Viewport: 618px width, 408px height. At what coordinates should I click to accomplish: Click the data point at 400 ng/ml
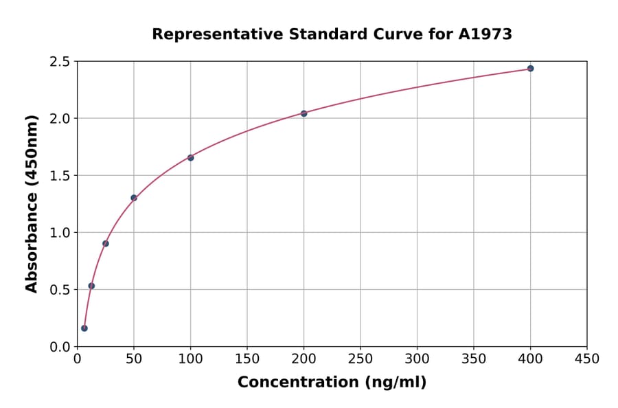(530, 69)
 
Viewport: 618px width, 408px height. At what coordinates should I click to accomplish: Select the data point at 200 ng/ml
(304, 113)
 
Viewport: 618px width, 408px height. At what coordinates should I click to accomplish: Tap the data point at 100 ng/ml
(190, 158)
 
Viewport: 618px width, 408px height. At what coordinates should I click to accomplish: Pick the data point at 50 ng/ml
(134, 198)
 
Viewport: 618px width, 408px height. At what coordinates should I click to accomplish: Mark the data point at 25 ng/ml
(106, 243)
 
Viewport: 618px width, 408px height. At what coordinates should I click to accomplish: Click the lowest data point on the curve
(84, 328)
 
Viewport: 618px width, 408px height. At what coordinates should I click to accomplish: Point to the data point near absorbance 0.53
(91, 286)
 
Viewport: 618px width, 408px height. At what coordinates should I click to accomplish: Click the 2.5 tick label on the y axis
(59, 62)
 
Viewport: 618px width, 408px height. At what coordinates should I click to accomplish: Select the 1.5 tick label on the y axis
(59, 176)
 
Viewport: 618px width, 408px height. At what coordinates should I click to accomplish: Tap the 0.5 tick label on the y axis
(59, 290)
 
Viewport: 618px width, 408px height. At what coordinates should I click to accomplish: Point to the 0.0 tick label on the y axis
(59, 347)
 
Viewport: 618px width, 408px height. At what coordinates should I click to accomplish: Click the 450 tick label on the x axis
(586, 359)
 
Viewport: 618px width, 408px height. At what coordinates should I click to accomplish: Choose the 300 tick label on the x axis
(417, 359)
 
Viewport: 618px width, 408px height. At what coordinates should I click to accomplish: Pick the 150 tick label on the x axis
(247, 359)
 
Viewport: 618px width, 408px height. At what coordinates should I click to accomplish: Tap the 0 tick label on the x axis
(77, 359)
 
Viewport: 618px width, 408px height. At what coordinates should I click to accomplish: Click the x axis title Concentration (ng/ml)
(332, 383)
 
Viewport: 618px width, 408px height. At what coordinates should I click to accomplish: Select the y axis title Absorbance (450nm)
(32, 203)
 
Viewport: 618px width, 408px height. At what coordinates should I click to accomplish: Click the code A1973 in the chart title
(485, 34)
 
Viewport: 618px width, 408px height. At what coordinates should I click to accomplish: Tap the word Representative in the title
(212, 34)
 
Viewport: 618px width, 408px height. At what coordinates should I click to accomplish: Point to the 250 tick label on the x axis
(360, 359)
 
